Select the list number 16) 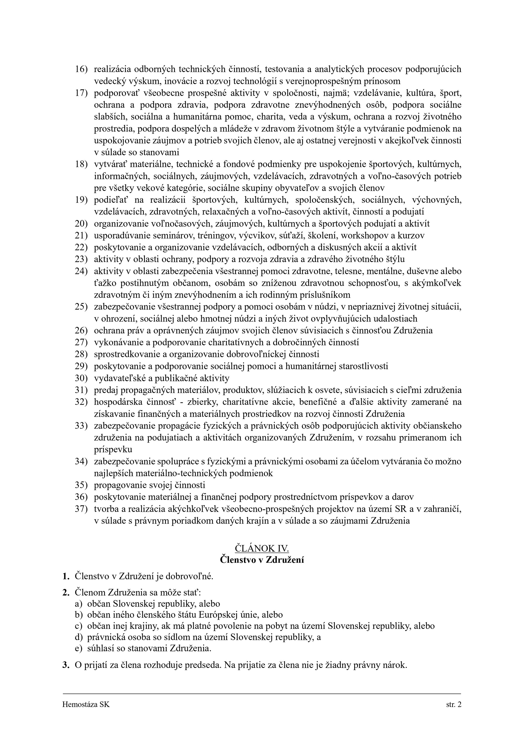click(x=81, y=69)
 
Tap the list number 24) click(x=81, y=271)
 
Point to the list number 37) click(x=81, y=509)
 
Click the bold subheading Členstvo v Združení click(x=262, y=560)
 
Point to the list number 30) click(x=81, y=378)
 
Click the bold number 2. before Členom click(x=66, y=593)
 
